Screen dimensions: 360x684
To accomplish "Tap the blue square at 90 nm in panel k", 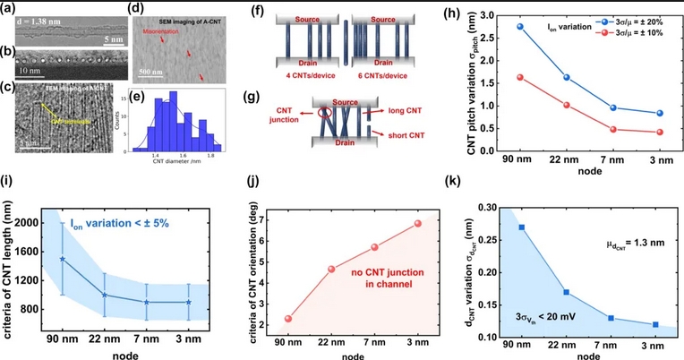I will click(x=522, y=227).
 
